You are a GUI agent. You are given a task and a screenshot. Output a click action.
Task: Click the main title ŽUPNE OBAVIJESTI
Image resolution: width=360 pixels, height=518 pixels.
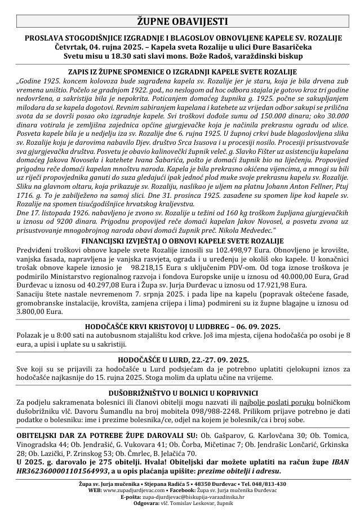[180, 22]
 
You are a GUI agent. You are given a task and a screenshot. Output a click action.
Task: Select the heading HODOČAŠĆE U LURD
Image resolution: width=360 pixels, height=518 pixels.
[180, 359]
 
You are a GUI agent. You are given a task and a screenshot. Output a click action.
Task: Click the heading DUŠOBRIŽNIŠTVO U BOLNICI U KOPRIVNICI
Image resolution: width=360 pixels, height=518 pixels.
[180, 392]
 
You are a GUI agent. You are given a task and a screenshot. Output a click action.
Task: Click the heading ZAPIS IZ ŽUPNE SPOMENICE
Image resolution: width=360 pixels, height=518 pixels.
[180, 72]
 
